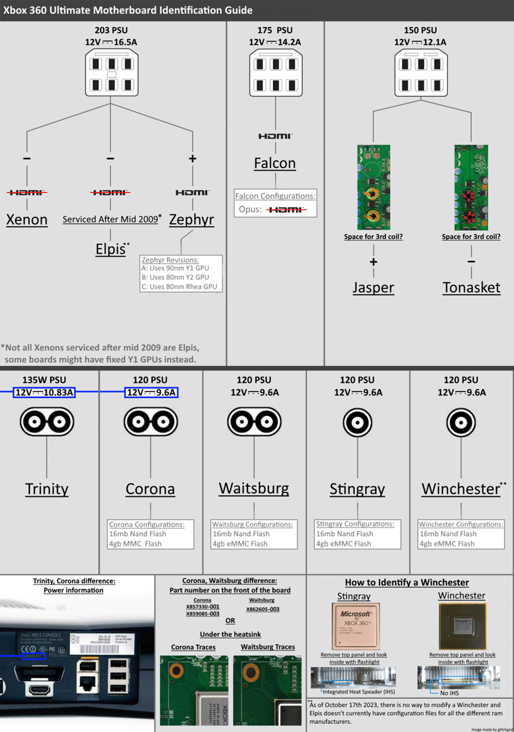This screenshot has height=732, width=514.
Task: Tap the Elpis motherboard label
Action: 111,249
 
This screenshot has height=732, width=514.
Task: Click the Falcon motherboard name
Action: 275,163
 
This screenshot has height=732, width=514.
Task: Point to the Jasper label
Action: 373,288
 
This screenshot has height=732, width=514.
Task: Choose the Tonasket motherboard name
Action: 471,288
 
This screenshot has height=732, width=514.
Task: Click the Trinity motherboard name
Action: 47,489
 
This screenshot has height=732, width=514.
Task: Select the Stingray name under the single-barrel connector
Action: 357,489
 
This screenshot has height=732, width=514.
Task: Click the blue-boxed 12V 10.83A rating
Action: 44,392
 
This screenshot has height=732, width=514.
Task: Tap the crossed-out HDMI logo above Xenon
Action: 27,193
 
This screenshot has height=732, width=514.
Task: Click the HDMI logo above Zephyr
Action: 192,193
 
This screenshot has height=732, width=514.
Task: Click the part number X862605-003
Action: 263,609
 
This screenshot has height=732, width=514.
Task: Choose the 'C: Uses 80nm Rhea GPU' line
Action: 179,287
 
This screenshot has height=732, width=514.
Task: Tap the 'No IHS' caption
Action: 449,693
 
